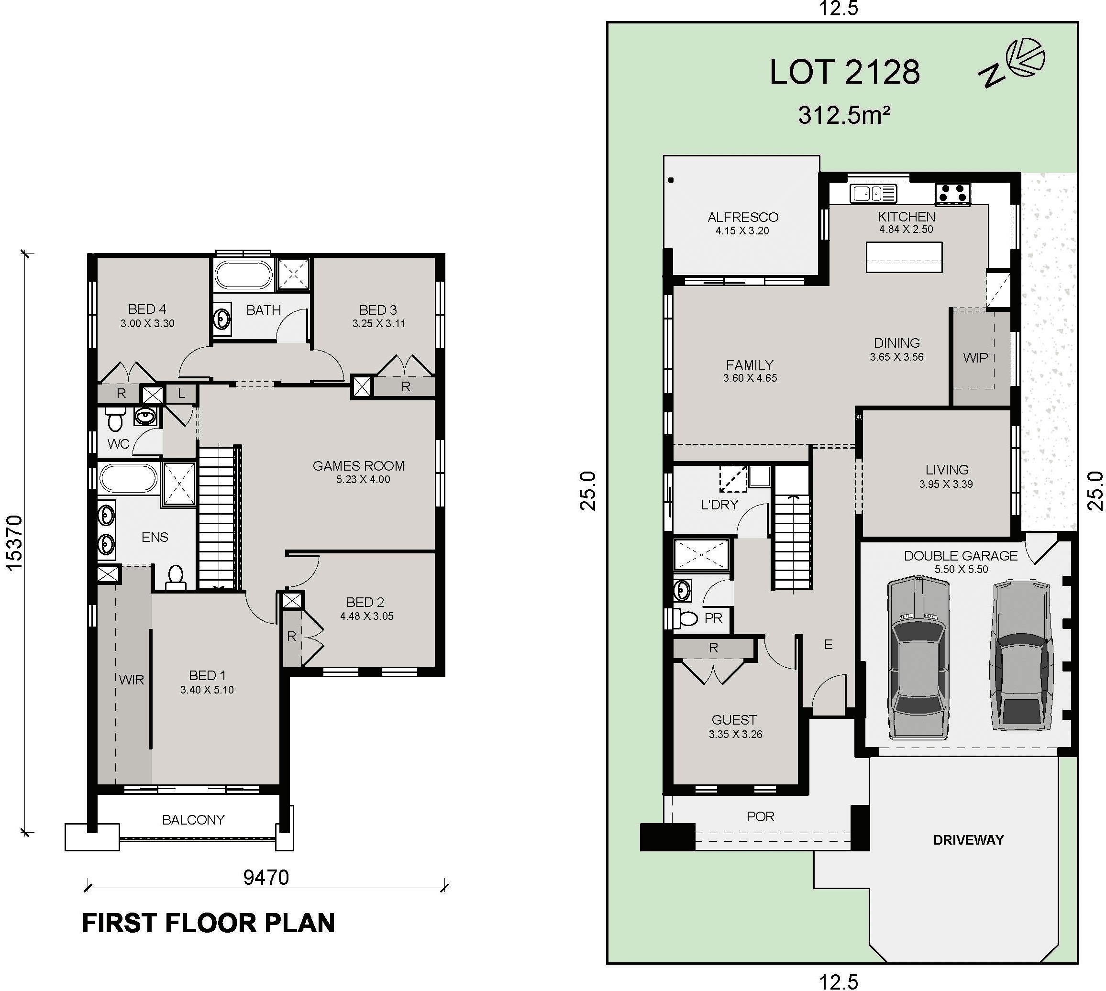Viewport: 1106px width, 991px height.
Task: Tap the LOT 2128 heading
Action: click(844, 72)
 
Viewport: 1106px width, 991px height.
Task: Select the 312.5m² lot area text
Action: click(843, 115)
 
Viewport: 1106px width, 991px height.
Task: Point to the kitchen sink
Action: click(874, 193)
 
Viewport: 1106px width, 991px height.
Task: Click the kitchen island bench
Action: click(904, 257)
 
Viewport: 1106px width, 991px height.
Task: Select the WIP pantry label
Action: click(975, 358)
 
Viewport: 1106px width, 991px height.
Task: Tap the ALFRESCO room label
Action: click(743, 217)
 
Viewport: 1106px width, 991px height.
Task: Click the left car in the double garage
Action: click(918, 658)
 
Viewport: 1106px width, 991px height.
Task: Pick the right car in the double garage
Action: click(1019, 655)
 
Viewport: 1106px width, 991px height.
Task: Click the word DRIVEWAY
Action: click(968, 840)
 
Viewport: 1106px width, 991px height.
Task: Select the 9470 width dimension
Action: click(266, 877)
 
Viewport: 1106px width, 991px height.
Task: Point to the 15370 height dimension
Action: click(14, 542)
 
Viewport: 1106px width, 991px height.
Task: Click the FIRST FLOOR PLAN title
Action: click(208, 924)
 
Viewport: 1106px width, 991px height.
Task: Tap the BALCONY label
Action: click(193, 819)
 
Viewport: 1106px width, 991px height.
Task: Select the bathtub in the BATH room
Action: click(243, 275)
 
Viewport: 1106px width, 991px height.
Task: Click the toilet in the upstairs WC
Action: click(115, 420)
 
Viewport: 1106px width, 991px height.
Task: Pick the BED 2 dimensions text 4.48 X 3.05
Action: click(366, 617)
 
